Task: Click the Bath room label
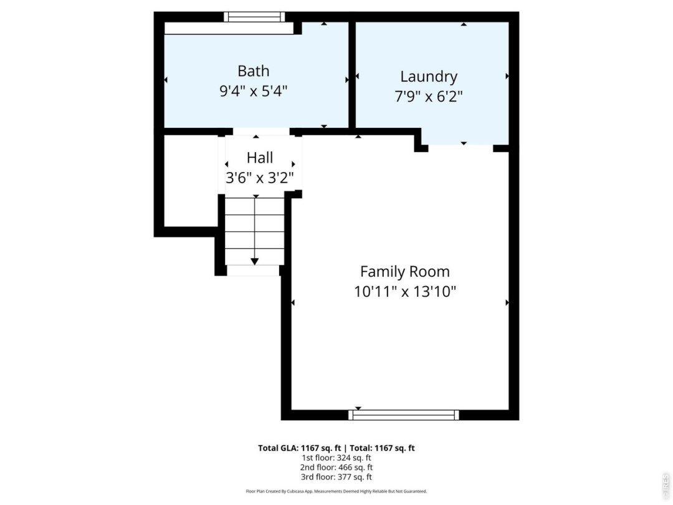point(253,71)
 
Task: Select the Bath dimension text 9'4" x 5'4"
point(253,91)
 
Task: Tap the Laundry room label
point(429,77)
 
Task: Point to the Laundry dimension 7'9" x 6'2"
point(429,96)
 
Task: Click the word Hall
point(260,158)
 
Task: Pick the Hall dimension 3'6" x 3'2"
point(260,177)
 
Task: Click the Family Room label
point(405,271)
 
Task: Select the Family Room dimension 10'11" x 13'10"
point(405,292)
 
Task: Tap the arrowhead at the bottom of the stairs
point(254,261)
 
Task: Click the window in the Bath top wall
point(254,17)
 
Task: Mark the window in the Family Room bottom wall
point(403,415)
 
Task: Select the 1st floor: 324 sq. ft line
point(336,458)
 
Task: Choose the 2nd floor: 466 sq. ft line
point(336,467)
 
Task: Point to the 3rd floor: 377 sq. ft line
point(336,477)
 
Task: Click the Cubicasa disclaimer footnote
point(336,491)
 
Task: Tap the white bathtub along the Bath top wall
point(229,28)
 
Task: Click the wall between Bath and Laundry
point(352,75)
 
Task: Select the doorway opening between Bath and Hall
point(261,132)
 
